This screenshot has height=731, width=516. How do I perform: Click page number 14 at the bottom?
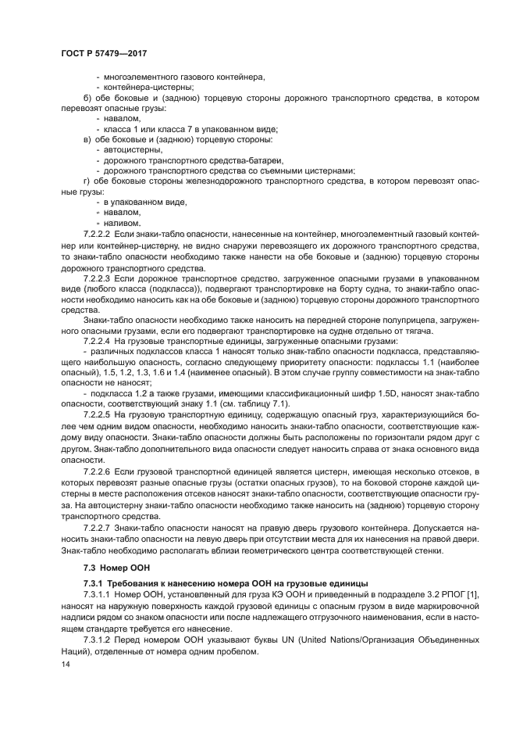(x=64, y=665)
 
